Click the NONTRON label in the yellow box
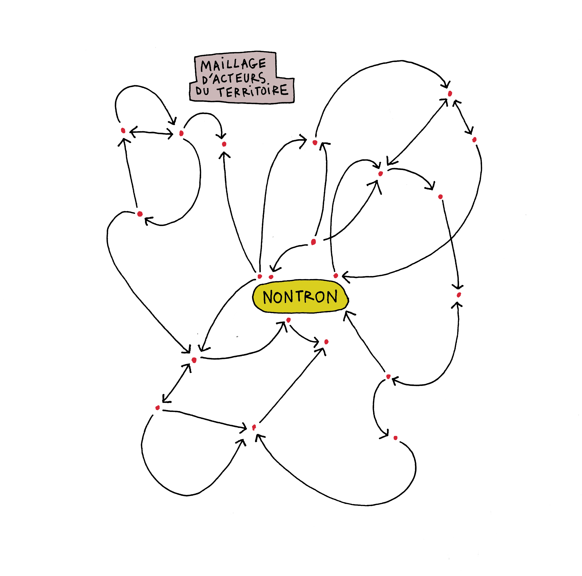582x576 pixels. tap(300, 297)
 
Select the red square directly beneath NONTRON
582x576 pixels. tap(288, 320)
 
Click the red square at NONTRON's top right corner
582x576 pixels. tap(336, 275)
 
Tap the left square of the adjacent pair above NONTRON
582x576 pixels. tap(260, 276)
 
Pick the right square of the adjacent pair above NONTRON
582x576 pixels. tap(271, 277)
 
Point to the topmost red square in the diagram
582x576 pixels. tap(450, 94)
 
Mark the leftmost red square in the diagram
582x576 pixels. tap(123, 130)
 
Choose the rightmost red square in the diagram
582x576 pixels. tap(474, 139)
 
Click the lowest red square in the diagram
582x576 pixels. tap(395, 438)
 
